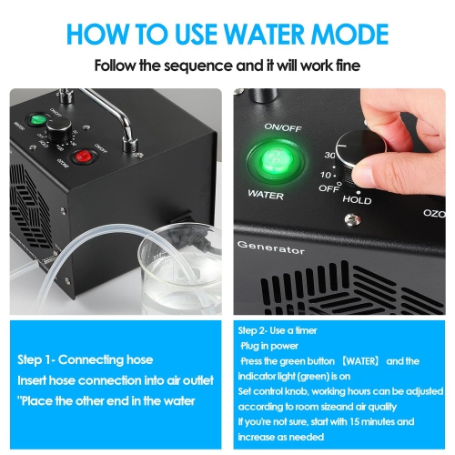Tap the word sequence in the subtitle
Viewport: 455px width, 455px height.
pyautogui.click(x=220, y=66)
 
